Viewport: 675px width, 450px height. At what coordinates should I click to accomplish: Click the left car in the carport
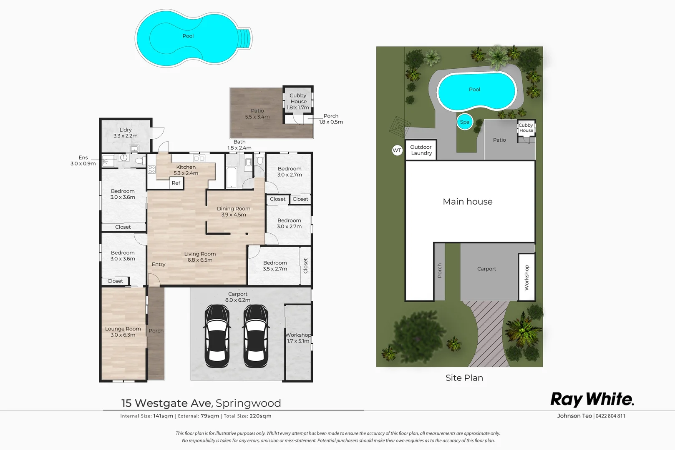pyautogui.click(x=217, y=336)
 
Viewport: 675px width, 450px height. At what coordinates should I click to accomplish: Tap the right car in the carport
pyautogui.click(x=255, y=336)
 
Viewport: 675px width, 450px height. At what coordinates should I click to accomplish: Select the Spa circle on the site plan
pyautogui.click(x=465, y=122)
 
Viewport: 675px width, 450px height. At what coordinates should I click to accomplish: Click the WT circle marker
pyautogui.click(x=397, y=150)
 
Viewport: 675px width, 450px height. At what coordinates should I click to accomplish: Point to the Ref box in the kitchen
pyautogui.click(x=176, y=183)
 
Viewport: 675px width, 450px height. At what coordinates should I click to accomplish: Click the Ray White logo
pyautogui.click(x=592, y=399)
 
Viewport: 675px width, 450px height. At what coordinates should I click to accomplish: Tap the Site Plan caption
pyautogui.click(x=464, y=378)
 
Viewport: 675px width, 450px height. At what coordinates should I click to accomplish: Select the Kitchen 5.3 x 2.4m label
pyautogui.click(x=186, y=170)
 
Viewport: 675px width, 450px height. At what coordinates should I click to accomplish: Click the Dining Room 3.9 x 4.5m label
pyautogui.click(x=234, y=212)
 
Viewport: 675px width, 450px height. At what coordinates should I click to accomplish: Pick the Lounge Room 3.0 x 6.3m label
pyautogui.click(x=123, y=332)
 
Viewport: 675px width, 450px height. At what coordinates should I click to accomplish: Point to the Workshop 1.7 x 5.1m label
pyautogui.click(x=298, y=338)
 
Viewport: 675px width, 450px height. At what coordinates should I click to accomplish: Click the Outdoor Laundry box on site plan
pyautogui.click(x=421, y=150)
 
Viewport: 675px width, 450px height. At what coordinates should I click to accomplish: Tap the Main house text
pyautogui.click(x=468, y=202)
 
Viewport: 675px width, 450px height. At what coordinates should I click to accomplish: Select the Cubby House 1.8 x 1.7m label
pyautogui.click(x=298, y=101)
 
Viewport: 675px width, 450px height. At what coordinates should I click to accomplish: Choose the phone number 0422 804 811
pyautogui.click(x=610, y=416)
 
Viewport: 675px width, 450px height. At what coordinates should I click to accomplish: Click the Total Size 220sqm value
pyautogui.click(x=260, y=416)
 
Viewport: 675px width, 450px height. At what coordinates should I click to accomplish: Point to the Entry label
pyautogui.click(x=159, y=265)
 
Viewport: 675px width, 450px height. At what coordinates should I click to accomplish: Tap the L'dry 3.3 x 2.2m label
pyautogui.click(x=126, y=133)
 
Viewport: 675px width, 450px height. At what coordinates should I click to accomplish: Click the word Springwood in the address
pyautogui.click(x=248, y=403)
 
